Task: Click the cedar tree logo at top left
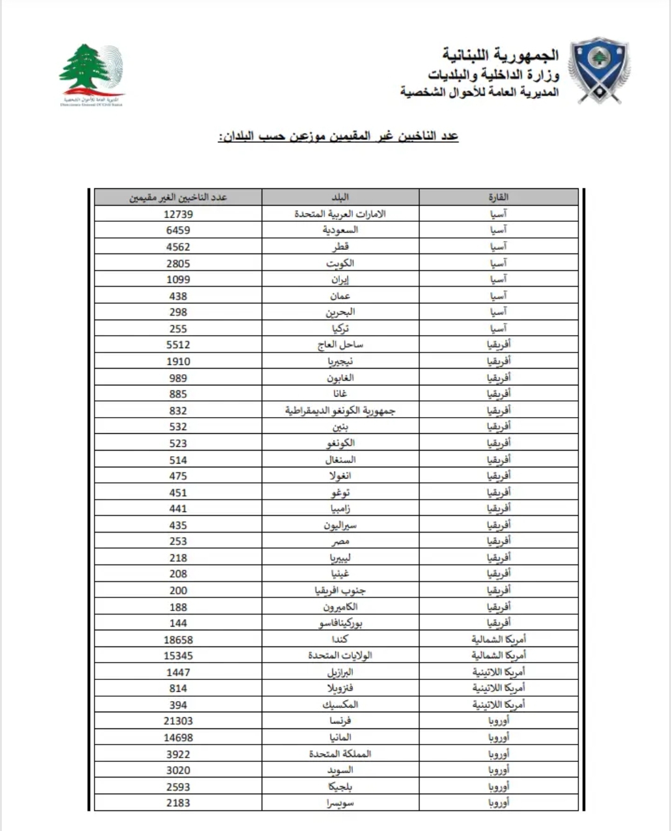point(91,73)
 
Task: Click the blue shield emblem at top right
point(599,70)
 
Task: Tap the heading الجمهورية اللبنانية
point(500,55)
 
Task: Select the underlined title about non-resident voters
point(338,136)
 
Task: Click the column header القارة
point(498,197)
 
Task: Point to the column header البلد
point(340,197)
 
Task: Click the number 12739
point(178,214)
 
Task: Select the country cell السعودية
point(340,230)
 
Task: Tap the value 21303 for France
point(178,721)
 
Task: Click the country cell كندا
point(340,639)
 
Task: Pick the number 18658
point(178,639)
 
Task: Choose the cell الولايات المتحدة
point(340,655)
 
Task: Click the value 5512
point(178,345)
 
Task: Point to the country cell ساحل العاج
point(340,344)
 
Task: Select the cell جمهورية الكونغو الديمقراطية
point(340,410)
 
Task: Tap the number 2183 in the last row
point(178,803)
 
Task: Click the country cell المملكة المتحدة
point(340,754)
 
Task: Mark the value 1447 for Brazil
point(178,672)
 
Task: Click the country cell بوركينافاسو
point(340,623)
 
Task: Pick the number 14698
point(178,738)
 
